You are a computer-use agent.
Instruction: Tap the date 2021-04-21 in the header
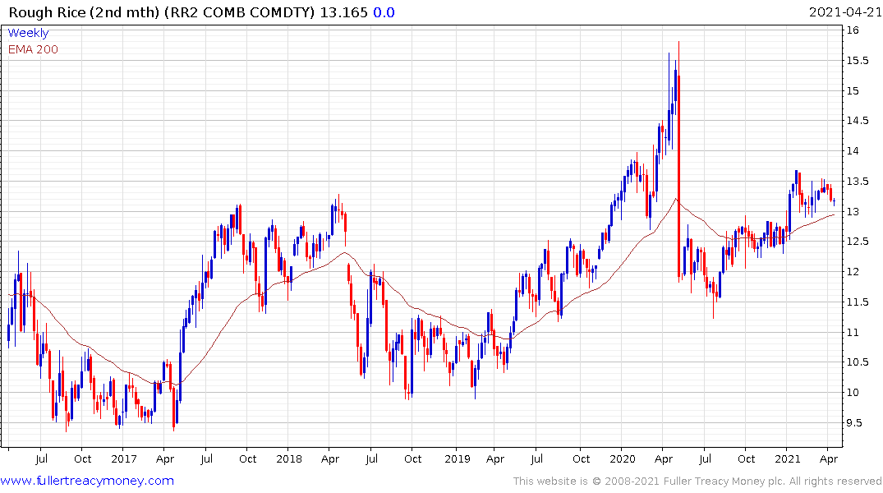click(844, 12)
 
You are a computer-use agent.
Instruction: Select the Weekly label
click(28, 33)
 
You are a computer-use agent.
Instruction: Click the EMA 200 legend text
click(33, 49)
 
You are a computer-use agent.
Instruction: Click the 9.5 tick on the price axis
click(856, 422)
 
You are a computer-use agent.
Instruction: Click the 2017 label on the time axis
click(123, 458)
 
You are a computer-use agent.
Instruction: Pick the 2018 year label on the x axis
click(289, 458)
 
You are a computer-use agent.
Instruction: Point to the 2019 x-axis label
click(456, 458)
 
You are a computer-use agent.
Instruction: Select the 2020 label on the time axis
click(623, 458)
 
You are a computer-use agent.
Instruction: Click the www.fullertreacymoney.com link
click(87, 481)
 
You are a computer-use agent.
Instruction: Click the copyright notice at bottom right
click(697, 481)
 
